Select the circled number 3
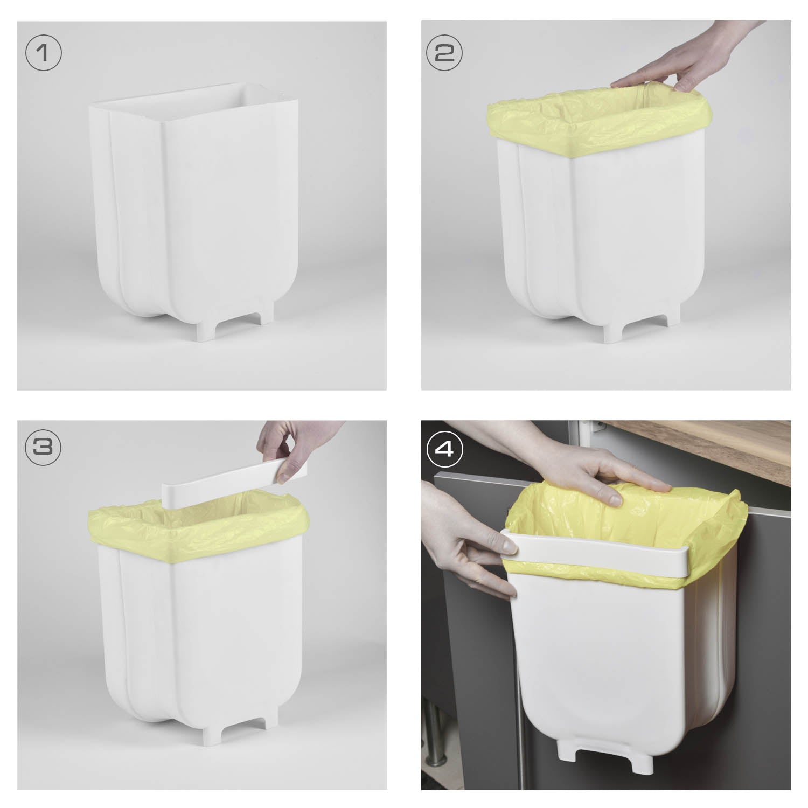[44, 448]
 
